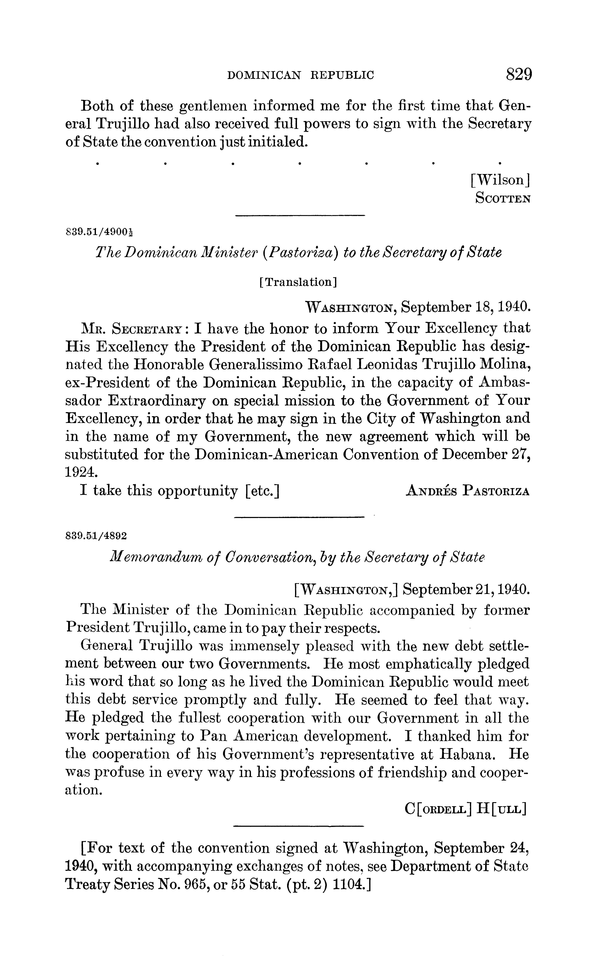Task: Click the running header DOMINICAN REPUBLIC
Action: [300, 75]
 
